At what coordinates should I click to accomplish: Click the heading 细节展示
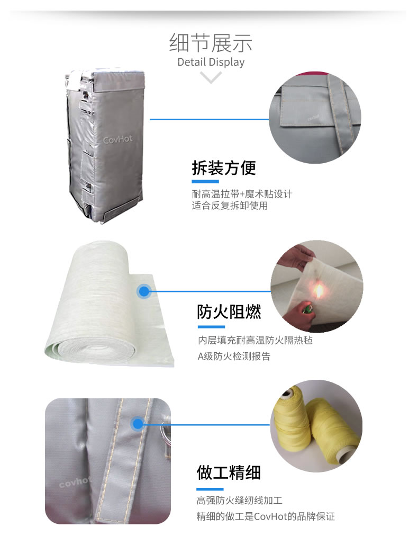(211, 43)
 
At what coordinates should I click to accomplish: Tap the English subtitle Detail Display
(211, 62)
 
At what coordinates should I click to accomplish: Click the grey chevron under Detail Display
(211, 77)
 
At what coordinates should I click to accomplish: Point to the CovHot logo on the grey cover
(117, 139)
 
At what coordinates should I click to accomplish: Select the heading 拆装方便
(224, 168)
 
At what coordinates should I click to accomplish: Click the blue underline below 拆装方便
(205, 182)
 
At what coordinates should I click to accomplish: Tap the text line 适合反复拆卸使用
(230, 206)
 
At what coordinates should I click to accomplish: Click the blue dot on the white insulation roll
(144, 291)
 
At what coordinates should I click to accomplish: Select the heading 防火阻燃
(229, 311)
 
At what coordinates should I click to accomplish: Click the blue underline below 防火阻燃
(211, 326)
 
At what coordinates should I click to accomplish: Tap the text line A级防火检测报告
(234, 356)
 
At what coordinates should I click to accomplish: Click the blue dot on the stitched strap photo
(138, 424)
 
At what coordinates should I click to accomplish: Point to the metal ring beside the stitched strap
(166, 432)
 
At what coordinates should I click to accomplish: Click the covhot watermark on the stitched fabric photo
(75, 481)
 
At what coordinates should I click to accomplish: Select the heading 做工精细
(229, 472)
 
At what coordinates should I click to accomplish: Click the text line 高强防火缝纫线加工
(240, 500)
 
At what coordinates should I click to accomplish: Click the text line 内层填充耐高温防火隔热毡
(255, 340)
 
